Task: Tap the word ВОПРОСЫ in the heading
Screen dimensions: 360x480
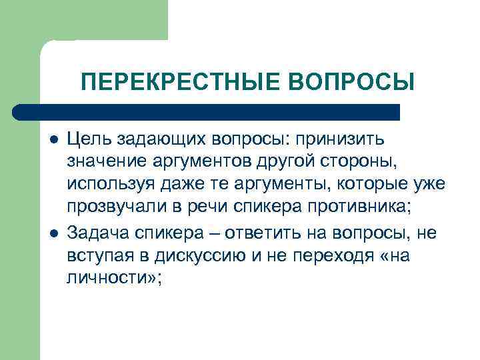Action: click(352, 82)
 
